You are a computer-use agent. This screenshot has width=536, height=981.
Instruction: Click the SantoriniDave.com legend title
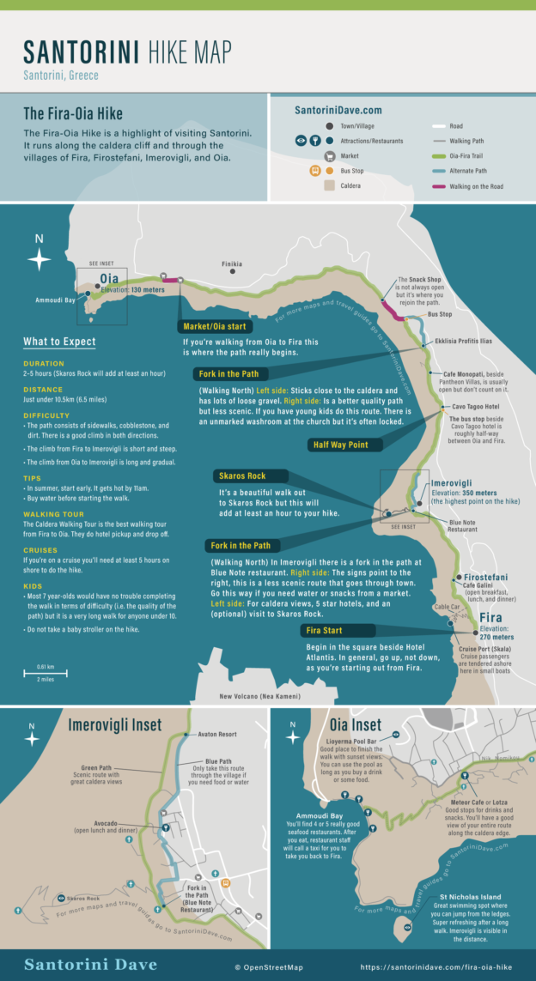[338, 110]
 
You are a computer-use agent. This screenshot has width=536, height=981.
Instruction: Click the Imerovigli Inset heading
[114, 725]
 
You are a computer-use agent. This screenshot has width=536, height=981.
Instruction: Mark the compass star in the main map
[39, 258]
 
